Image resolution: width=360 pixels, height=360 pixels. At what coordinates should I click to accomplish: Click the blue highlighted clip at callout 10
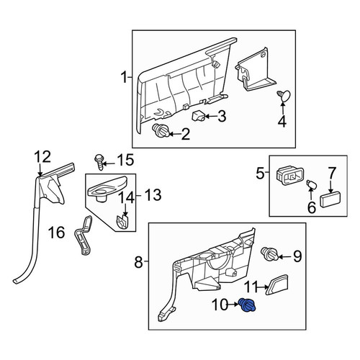[x=248, y=305]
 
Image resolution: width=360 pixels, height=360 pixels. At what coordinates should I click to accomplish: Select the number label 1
[x=124, y=78]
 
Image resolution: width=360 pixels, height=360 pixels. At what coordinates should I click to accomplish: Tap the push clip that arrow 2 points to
[x=161, y=131]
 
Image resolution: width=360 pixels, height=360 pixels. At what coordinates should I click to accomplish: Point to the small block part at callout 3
[x=199, y=116]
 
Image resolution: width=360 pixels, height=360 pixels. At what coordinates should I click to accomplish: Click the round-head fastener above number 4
[x=284, y=96]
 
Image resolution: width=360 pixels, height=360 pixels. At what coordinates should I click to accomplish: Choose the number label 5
[x=261, y=174]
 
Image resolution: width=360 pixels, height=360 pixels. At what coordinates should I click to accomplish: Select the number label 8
[x=139, y=262]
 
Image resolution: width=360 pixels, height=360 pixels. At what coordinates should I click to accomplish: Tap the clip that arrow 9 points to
[x=269, y=254]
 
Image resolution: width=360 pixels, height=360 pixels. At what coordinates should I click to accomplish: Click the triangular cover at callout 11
[x=278, y=284]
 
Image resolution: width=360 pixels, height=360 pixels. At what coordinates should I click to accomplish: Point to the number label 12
[x=42, y=157]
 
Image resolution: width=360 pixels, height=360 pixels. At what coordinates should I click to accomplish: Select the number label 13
[x=153, y=194]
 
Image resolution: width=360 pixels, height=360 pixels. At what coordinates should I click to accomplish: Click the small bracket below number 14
[x=122, y=221]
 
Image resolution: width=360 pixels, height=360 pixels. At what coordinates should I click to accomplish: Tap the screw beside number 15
[x=99, y=162]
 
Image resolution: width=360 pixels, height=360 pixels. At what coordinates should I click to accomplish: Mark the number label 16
[x=57, y=233]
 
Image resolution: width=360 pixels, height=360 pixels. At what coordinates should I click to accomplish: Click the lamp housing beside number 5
[x=290, y=176]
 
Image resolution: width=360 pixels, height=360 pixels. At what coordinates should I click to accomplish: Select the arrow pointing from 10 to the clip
[x=233, y=305]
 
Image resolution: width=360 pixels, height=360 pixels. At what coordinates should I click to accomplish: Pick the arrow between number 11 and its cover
[x=264, y=287]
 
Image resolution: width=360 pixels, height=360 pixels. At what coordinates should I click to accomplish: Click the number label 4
[x=282, y=121]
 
